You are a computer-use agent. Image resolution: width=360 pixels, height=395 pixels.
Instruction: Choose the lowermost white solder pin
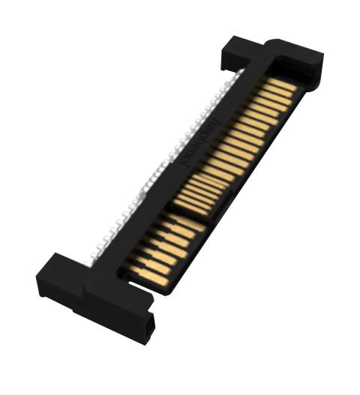point(94,259)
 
